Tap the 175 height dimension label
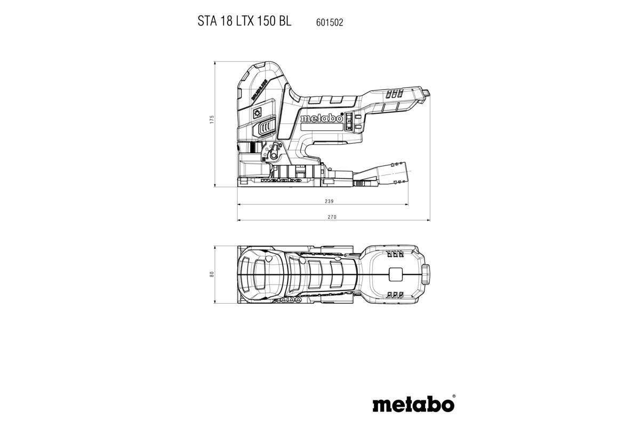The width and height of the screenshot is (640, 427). click(x=211, y=120)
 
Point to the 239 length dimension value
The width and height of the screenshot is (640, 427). click(x=329, y=201)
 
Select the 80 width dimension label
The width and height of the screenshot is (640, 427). click(x=211, y=274)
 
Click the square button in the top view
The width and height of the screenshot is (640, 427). click(x=395, y=274)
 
